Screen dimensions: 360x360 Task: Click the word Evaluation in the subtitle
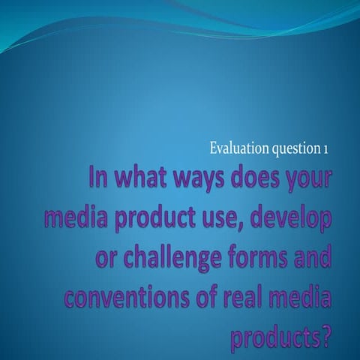click(x=239, y=148)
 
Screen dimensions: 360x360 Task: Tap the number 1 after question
click(x=325, y=149)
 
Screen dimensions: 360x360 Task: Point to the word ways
click(x=199, y=181)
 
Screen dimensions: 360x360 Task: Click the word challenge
click(x=172, y=257)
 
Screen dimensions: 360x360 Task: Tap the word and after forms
click(x=313, y=256)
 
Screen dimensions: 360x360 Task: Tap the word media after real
click(x=298, y=295)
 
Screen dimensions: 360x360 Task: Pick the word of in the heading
click(x=205, y=295)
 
